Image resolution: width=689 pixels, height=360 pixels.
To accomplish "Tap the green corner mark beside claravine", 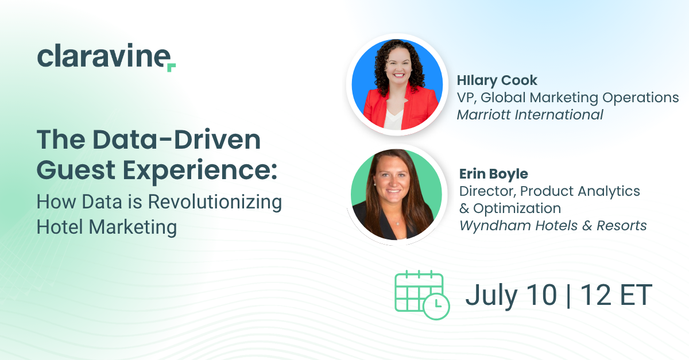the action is [172, 67].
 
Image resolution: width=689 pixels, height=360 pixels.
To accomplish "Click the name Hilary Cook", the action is [497, 80].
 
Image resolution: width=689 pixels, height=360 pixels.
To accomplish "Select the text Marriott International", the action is [529, 115].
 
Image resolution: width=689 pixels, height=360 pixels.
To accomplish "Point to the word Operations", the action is [640, 98].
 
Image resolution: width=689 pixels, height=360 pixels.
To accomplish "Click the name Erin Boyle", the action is [493, 174].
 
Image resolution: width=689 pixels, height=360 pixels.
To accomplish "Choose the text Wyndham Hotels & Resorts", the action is [553, 226].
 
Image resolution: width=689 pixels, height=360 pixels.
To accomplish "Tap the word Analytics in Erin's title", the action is [609, 191].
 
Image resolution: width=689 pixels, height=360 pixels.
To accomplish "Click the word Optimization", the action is [517, 208].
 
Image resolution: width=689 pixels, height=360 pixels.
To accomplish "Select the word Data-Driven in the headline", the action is [177, 140].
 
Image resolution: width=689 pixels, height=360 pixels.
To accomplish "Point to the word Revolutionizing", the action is [215, 203].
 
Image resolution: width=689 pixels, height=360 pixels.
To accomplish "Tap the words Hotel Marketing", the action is [106, 227].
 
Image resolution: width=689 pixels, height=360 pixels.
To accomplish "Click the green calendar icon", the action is [422, 295].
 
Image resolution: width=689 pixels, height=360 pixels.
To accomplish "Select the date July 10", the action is [511, 295].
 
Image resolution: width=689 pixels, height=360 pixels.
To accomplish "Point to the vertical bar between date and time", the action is [568, 295].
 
